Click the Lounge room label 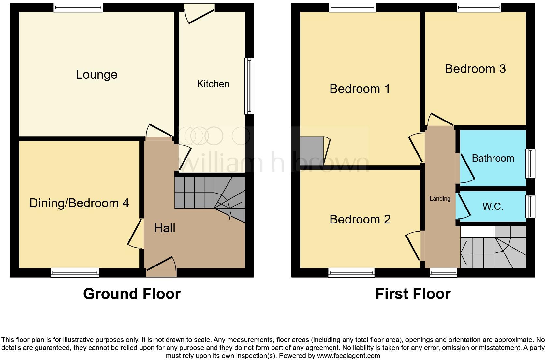pos(96,75)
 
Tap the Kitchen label pos(213,84)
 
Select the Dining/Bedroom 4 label pos(79,203)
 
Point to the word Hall pos(165,228)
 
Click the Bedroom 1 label pos(360,89)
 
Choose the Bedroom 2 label pos(360,219)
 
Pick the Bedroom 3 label pos(475,69)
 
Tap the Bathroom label pos(493,158)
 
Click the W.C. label pos(493,206)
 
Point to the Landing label pos(440,199)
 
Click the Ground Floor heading pos(132,294)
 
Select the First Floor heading pos(413,294)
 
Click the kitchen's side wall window pos(249,86)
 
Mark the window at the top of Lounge pos(78,7)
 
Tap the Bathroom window pos(531,164)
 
